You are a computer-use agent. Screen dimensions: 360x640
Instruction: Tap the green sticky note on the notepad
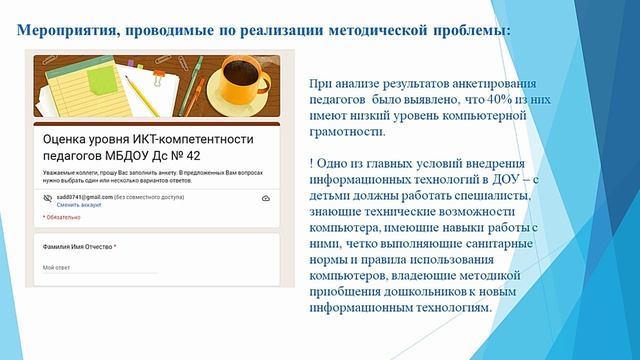pyautogui.click(x=100, y=95)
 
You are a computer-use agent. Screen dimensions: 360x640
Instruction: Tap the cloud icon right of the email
pyautogui.click(x=264, y=199)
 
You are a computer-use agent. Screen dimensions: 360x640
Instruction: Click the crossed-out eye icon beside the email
pyautogui.click(x=47, y=199)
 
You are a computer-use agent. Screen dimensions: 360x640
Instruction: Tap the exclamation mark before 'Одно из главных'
pyautogui.click(x=313, y=163)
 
